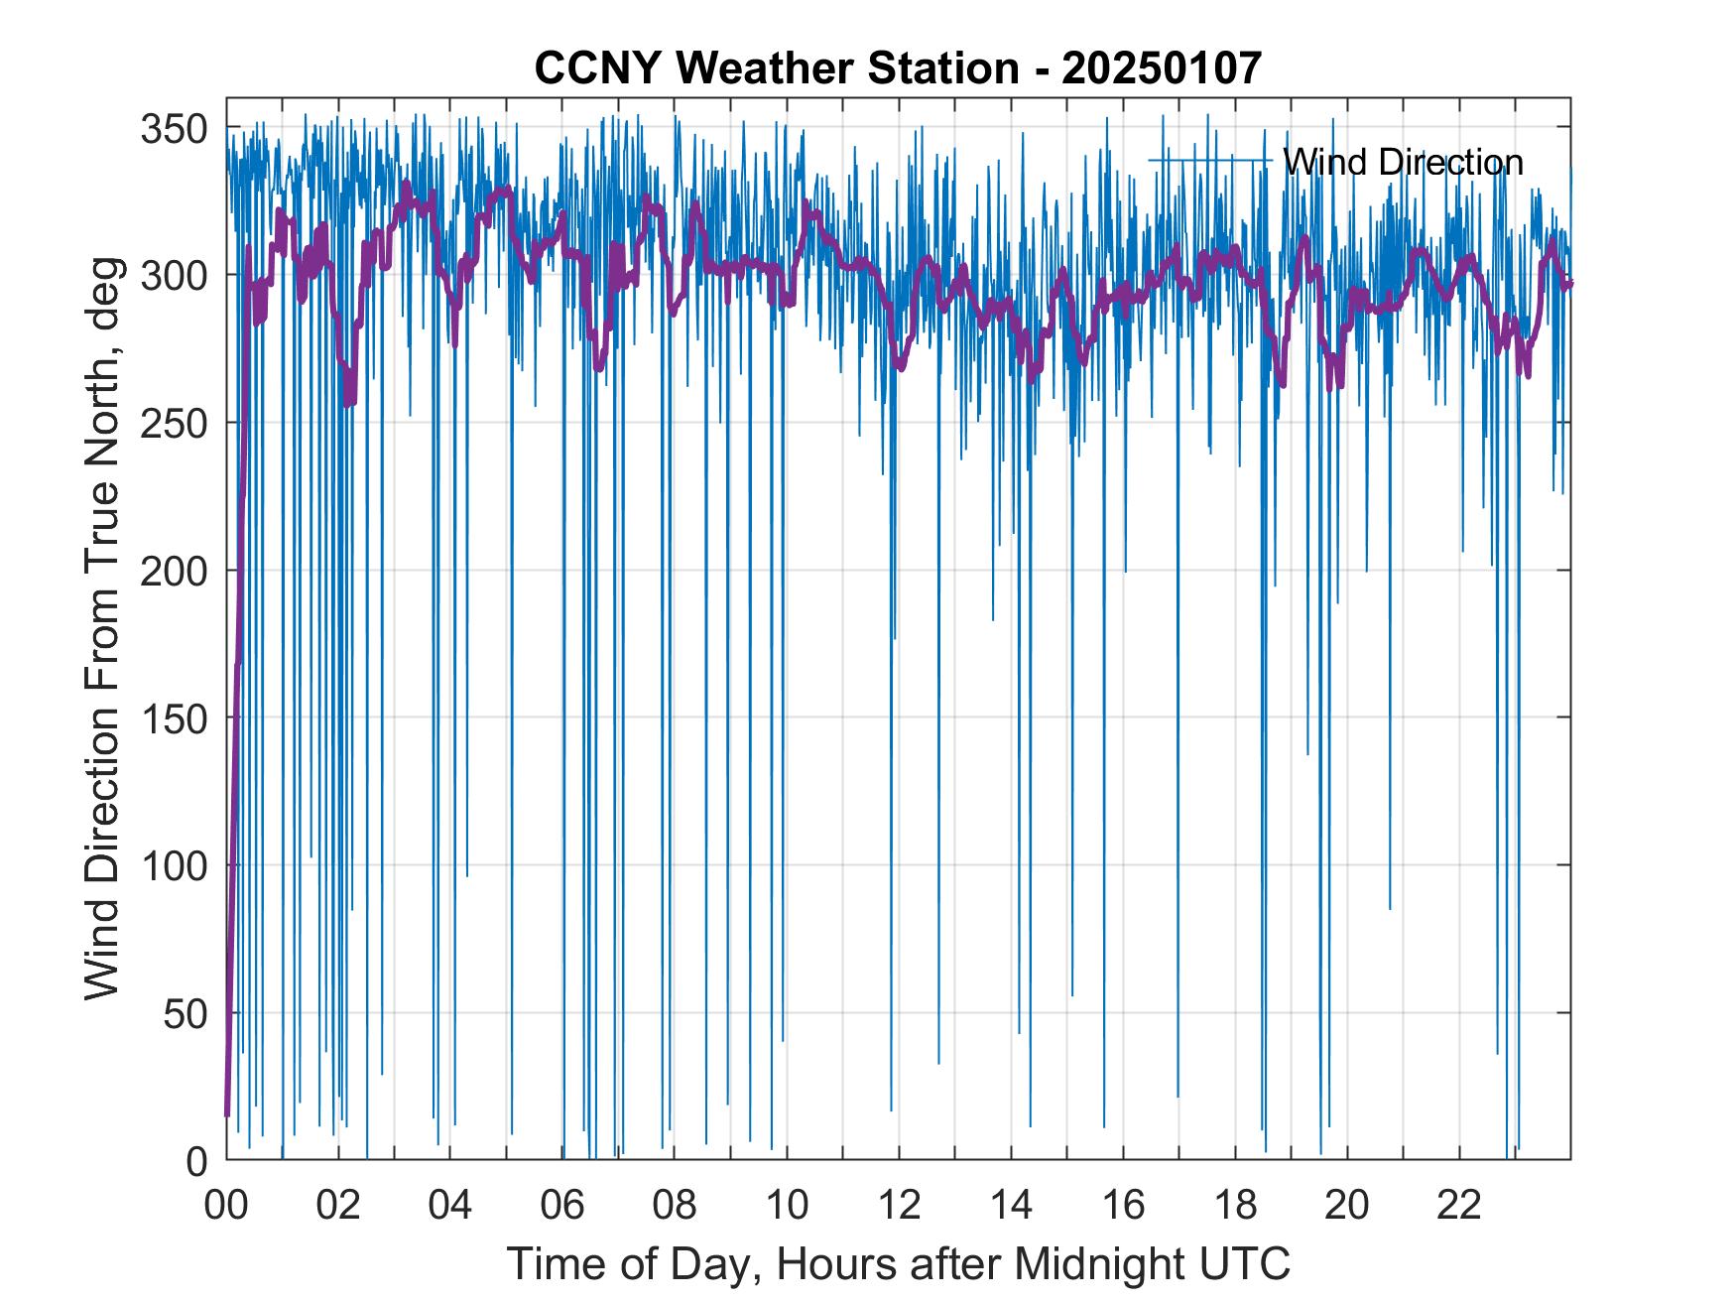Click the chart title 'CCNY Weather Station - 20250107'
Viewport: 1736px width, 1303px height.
tap(898, 67)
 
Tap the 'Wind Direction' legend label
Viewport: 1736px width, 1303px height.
tap(1403, 161)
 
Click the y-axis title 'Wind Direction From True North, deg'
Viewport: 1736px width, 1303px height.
tap(102, 628)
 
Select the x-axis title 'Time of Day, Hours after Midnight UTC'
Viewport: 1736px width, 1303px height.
tap(899, 1264)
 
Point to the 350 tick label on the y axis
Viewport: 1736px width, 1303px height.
tap(174, 128)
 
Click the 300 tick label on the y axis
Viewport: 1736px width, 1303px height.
tap(174, 275)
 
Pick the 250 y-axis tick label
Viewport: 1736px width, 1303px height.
tap(174, 423)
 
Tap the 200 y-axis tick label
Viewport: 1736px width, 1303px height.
tap(174, 571)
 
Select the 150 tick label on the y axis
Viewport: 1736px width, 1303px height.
tap(174, 717)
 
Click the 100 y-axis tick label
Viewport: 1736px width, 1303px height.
tap(174, 865)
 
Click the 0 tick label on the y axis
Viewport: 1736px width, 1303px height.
tap(197, 1161)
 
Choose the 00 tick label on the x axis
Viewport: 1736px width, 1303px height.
tap(226, 1205)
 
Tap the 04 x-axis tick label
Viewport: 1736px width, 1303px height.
tap(450, 1205)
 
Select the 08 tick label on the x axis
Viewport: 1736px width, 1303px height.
tap(675, 1205)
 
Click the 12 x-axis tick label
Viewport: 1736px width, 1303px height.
tap(899, 1205)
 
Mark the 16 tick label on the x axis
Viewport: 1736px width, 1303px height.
tap(1123, 1205)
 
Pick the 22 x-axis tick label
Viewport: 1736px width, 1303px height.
tap(1459, 1205)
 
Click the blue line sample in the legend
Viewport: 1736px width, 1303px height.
tap(1210, 160)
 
